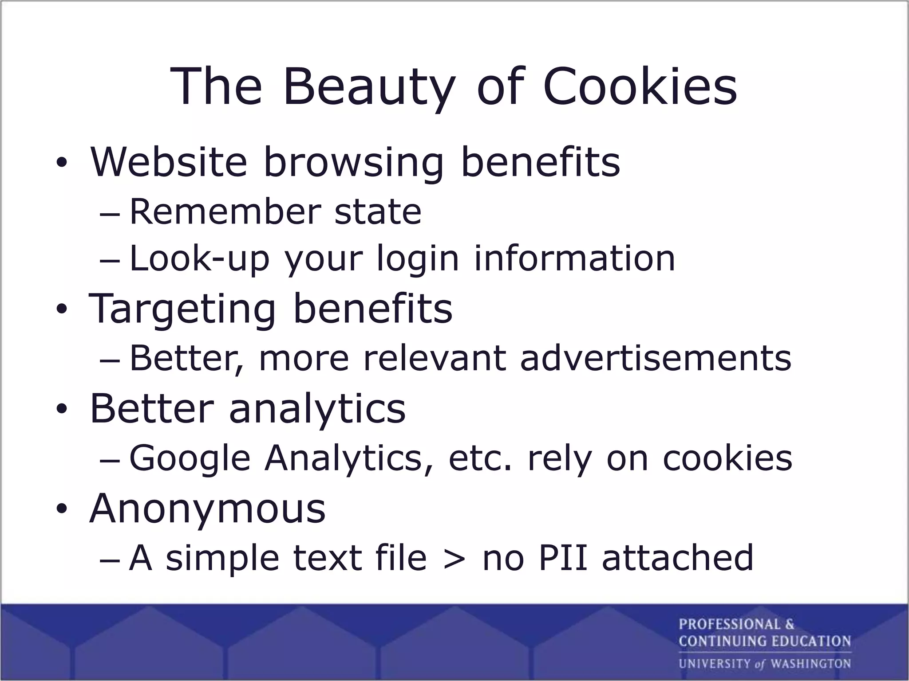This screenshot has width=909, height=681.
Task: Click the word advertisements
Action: [656, 358]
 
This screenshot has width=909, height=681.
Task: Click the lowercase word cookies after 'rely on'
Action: [727, 458]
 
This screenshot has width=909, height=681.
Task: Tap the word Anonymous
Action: [208, 508]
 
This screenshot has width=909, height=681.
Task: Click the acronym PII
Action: [563, 557]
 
